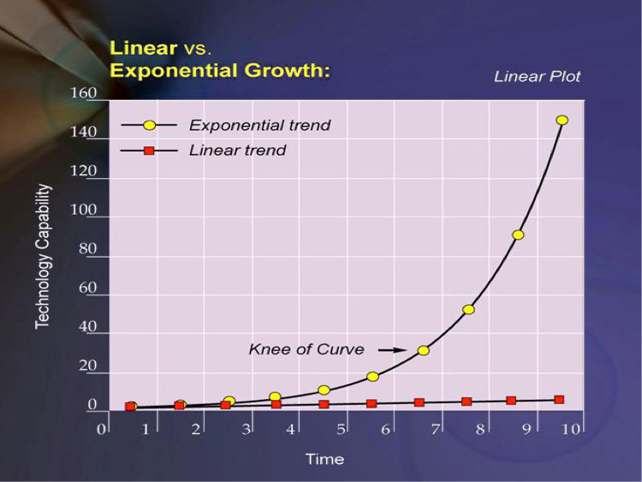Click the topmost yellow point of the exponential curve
[562, 120]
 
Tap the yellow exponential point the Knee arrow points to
[423, 350]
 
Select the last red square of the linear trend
[559, 400]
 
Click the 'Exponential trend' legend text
[259, 125]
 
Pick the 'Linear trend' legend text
[237, 151]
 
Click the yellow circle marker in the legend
[150, 125]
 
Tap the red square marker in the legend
[148, 151]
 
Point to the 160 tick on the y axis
[84, 92]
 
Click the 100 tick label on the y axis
[84, 210]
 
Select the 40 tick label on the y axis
[87, 328]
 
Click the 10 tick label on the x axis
[570, 428]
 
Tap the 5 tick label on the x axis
[341, 428]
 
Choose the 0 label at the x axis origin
[101, 428]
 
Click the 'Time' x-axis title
[324, 459]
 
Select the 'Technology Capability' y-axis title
[43, 256]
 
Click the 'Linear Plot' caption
[537, 76]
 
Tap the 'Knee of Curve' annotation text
[306, 349]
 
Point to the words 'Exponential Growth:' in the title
[220, 70]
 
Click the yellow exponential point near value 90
[518, 235]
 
